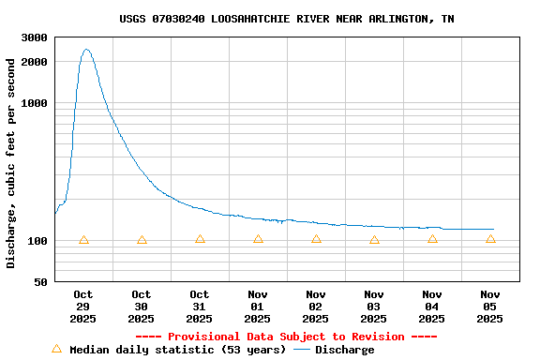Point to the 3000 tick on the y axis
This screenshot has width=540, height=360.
pos(36,37)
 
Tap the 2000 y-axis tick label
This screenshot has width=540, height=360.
pos(36,62)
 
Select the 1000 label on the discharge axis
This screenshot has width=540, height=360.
pos(36,103)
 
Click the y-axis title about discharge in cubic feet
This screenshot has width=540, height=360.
pos(11,163)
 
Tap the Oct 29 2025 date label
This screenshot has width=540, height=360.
pos(83,307)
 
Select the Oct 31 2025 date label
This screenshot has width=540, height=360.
pos(200,307)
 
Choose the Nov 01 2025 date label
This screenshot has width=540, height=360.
pos(258,307)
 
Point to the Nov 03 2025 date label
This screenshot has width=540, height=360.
pos(374,307)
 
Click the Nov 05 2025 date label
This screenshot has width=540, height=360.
pos(490,307)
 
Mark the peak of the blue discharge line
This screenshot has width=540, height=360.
pos(86,50)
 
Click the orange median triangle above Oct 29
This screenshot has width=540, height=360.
pos(83,240)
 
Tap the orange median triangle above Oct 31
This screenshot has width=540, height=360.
pos(200,239)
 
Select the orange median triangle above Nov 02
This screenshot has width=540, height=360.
pos(316,239)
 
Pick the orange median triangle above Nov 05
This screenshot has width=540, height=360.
pos(490,239)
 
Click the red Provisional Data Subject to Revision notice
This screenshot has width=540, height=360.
pos(286,337)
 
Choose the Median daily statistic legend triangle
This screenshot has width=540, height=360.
pos(56,349)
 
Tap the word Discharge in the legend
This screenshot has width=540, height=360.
pos(344,350)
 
